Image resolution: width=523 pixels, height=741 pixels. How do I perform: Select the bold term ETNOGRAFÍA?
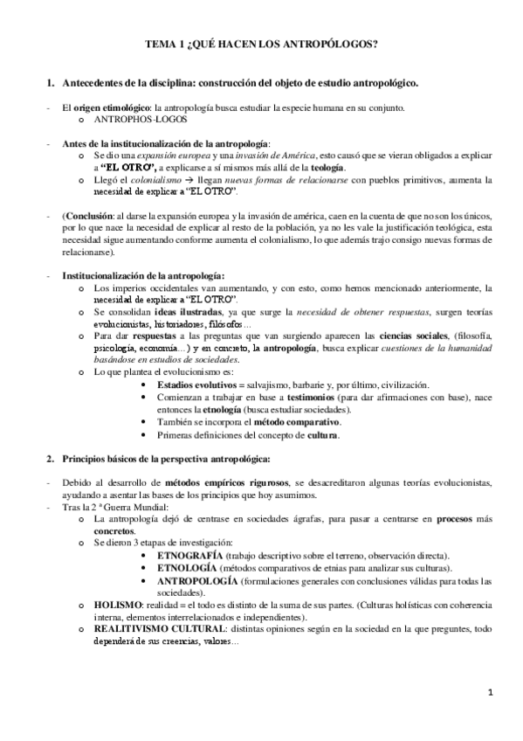point(189,555)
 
